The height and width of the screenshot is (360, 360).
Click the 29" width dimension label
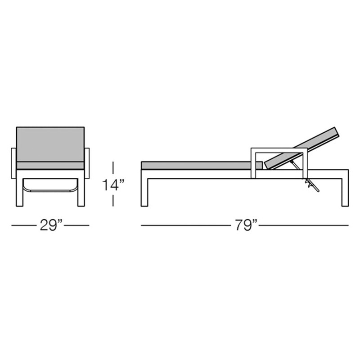(x=51, y=225)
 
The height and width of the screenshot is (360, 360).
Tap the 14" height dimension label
(x=113, y=185)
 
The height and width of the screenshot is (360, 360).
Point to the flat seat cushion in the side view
(x=202, y=166)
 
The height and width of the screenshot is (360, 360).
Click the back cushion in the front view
(x=50, y=144)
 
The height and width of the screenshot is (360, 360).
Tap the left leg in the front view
(x=20, y=192)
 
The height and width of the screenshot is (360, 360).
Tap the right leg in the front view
(x=81, y=192)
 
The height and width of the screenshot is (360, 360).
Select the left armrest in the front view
(x=14, y=163)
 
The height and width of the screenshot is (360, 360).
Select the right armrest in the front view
(x=87, y=163)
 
